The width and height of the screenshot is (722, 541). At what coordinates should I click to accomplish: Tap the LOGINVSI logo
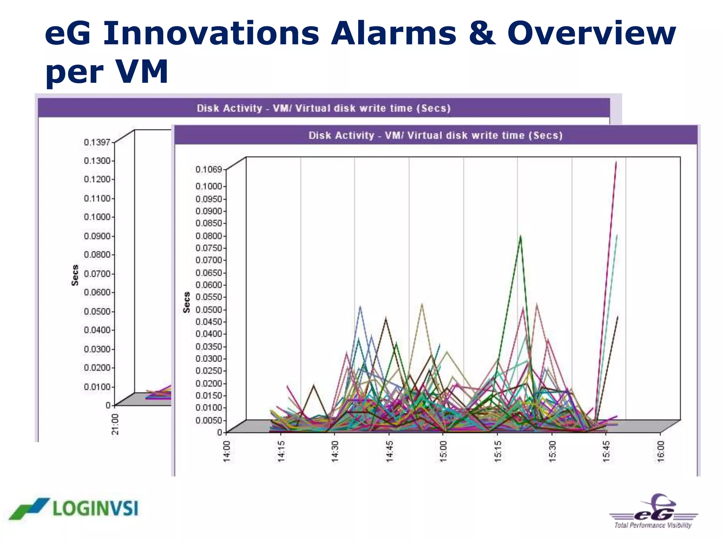click(x=74, y=509)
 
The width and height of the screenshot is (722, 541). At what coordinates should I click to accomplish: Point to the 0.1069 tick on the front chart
click(x=209, y=169)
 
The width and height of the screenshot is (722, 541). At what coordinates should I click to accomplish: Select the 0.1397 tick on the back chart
click(x=97, y=142)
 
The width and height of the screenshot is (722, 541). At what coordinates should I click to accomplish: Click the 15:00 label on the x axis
click(x=443, y=451)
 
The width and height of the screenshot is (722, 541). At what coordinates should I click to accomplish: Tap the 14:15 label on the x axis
click(x=281, y=451)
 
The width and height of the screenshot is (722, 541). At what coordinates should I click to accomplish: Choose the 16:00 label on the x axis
click(x=661, y=451)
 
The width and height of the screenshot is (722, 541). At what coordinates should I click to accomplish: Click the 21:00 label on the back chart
click(x=115, y=424)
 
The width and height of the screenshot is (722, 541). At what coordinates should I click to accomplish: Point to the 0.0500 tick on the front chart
click(x=209, y=310)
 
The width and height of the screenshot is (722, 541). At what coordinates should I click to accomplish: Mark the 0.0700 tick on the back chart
click(x=97, y=274)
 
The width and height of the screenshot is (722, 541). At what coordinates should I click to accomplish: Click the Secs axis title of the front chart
click(x=186, y=302)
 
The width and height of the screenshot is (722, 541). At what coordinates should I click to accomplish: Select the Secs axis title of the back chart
click(x=75, y=275)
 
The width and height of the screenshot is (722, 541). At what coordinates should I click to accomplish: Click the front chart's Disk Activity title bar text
click(x=435, y=135)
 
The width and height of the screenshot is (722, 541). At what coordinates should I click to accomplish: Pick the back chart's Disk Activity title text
click(x=324, y=108)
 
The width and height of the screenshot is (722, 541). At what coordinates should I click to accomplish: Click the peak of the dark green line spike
click(x=520, y=236)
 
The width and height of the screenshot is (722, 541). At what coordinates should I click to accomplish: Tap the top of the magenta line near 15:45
click(x=616, y=162)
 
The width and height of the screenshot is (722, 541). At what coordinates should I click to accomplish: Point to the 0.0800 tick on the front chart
click(x=209, y=236)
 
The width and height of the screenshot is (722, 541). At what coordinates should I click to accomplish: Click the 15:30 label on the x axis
click(x=552, y=451)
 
